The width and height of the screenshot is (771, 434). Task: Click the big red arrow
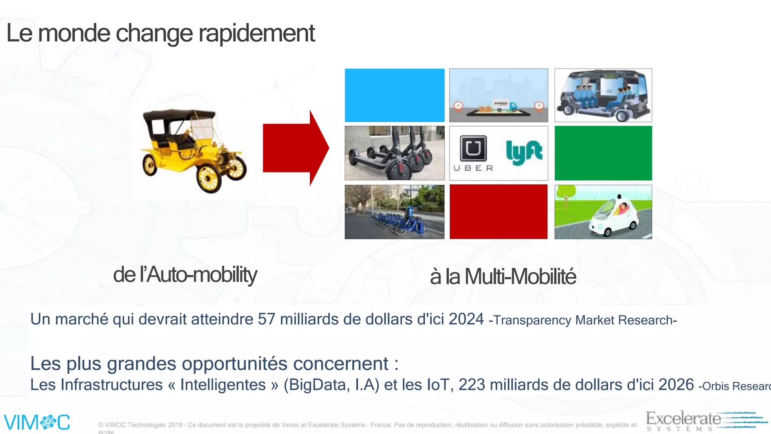coord(296,148)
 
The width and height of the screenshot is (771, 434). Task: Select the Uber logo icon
coord(473,148)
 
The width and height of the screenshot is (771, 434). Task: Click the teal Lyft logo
coord(524,152)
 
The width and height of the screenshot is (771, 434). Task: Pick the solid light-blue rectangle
coord(395,95)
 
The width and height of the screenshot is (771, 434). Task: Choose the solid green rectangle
coord(603,153)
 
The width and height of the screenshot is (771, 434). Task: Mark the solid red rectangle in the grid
coord(498,212)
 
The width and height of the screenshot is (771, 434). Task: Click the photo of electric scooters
coord(395,153)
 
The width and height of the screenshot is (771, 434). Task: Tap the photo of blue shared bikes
coord(395,212)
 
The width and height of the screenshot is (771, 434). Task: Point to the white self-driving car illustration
coord(614,217)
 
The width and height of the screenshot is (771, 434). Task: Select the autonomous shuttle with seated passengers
coord(603,96)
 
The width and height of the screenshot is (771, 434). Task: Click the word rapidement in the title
coord(256,34)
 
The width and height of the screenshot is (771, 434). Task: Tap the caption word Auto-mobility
coord(202,275)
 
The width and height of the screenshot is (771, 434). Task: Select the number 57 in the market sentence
coord(267,319)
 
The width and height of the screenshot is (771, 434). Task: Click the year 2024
coord(466,319)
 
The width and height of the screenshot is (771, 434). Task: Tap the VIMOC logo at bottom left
coord(37,422)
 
